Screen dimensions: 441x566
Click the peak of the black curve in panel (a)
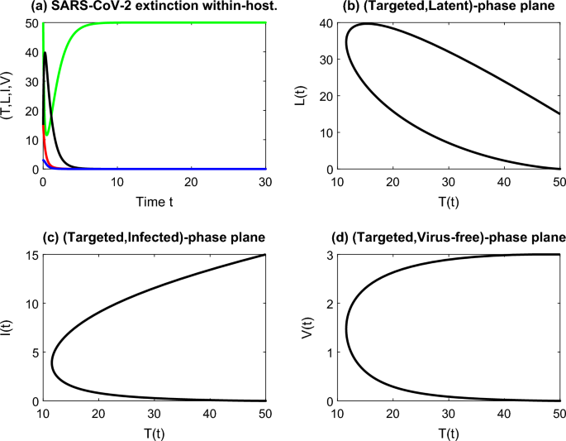(45, 53)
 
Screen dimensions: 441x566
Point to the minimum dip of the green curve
(47, 134)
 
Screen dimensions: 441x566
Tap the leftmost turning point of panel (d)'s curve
(345, 329)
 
